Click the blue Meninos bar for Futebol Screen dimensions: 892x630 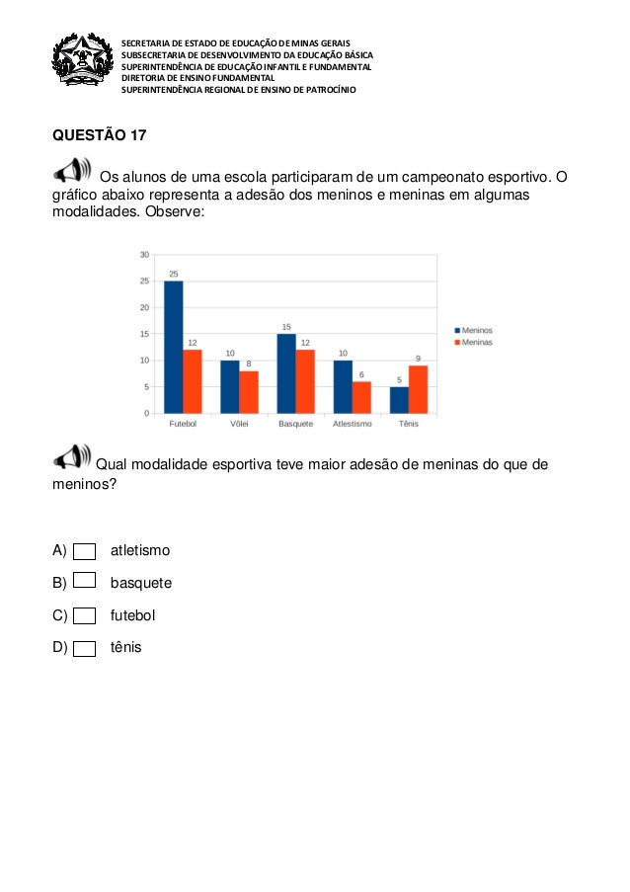(x=173, y=347)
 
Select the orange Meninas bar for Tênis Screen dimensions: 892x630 (x=418, y=389)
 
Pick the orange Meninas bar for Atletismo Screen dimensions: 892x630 (x=361, y=397)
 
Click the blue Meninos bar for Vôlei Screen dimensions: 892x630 (x=229, y=386)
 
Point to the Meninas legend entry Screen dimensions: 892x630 (x=474, y=343)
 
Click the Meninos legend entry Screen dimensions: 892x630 (x=474, y=330)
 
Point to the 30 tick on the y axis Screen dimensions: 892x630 (x=144, y=255)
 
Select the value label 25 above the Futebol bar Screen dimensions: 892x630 (x=173, y=274)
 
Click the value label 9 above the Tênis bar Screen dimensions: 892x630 (x=418, y=358)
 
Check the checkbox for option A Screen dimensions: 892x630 (x=85, y=550)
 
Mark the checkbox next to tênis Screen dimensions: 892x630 (x=85, y=649)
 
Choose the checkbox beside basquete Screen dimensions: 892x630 (x=85, y=582)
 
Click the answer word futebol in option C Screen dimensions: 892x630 (x=132, y=615)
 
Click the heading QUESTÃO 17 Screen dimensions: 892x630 (x=99, y=133)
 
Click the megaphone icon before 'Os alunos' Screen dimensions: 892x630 (x=73, y=170)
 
